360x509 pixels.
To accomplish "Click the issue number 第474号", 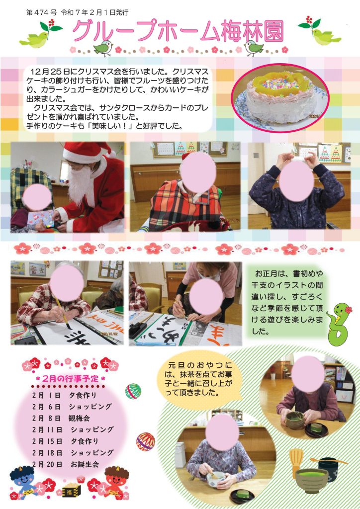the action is [41, 12].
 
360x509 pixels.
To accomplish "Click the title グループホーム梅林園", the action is [178, 32].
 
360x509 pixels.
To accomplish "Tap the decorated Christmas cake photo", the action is [280, 97].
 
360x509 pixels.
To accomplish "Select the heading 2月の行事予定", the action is [70, 378].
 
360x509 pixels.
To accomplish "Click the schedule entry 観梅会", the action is [79, 418].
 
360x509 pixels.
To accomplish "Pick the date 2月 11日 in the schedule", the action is [47, 430].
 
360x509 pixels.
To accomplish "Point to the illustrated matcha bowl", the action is [312, 481].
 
